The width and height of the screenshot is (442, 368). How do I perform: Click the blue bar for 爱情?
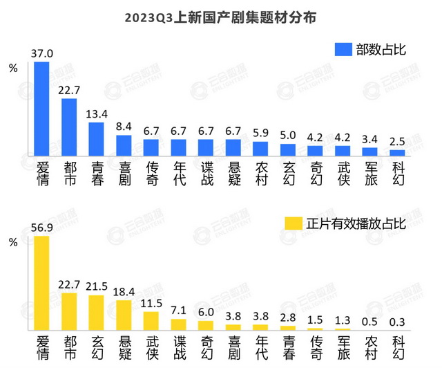(x=41, y=109)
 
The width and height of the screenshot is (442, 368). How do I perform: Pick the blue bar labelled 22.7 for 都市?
(x=69, y=127)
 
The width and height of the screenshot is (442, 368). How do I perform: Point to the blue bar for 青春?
(x=96, y=139)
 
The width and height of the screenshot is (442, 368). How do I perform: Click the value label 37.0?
(x=41, y=53)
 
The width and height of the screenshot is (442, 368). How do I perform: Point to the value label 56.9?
(x=41, y=228)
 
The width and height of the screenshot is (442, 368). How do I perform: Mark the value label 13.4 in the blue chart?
(x=96, y=114)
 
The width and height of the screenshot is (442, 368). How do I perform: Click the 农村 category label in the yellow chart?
(x=369, y=350)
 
